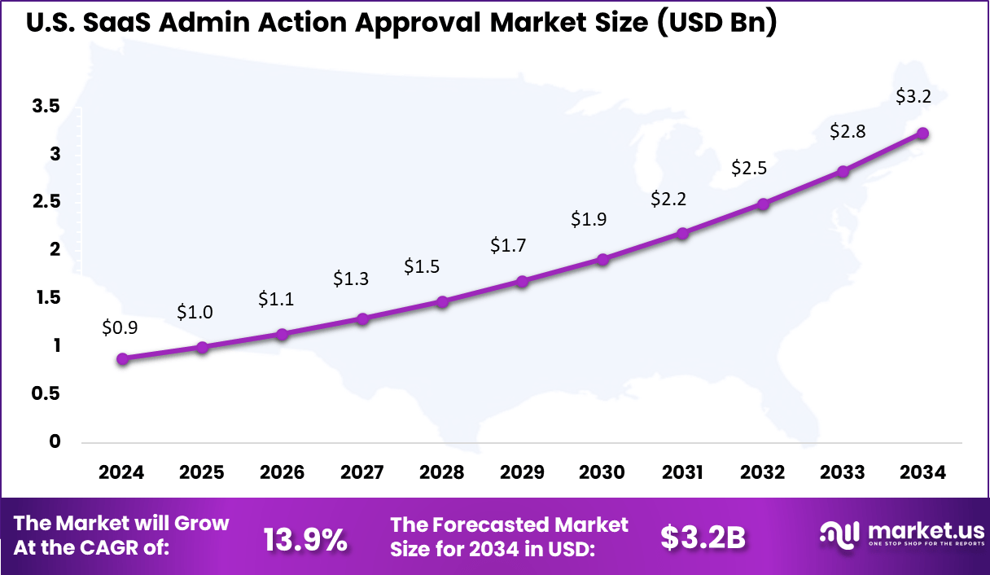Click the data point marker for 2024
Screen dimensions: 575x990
(x=122, y=358)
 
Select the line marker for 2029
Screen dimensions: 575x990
(x=523, y=281)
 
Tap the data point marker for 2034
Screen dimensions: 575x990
(x=922, y=134)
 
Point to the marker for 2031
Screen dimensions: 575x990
(x=683, y=233)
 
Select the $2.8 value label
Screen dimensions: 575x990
(x=847, y=131)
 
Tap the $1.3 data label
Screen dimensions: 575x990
(x=351, y=279)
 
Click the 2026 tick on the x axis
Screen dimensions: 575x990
(x=282, y=473)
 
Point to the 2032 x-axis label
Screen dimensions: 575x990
(x=763, y=473)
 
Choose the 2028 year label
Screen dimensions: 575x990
(x=442, y=473)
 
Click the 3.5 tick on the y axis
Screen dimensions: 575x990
(x=46, y=106)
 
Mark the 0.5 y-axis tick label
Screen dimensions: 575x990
(x=46, y=393)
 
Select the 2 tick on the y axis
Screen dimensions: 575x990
(x=55, y=249)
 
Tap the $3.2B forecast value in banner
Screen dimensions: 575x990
(x=703, y=538)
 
